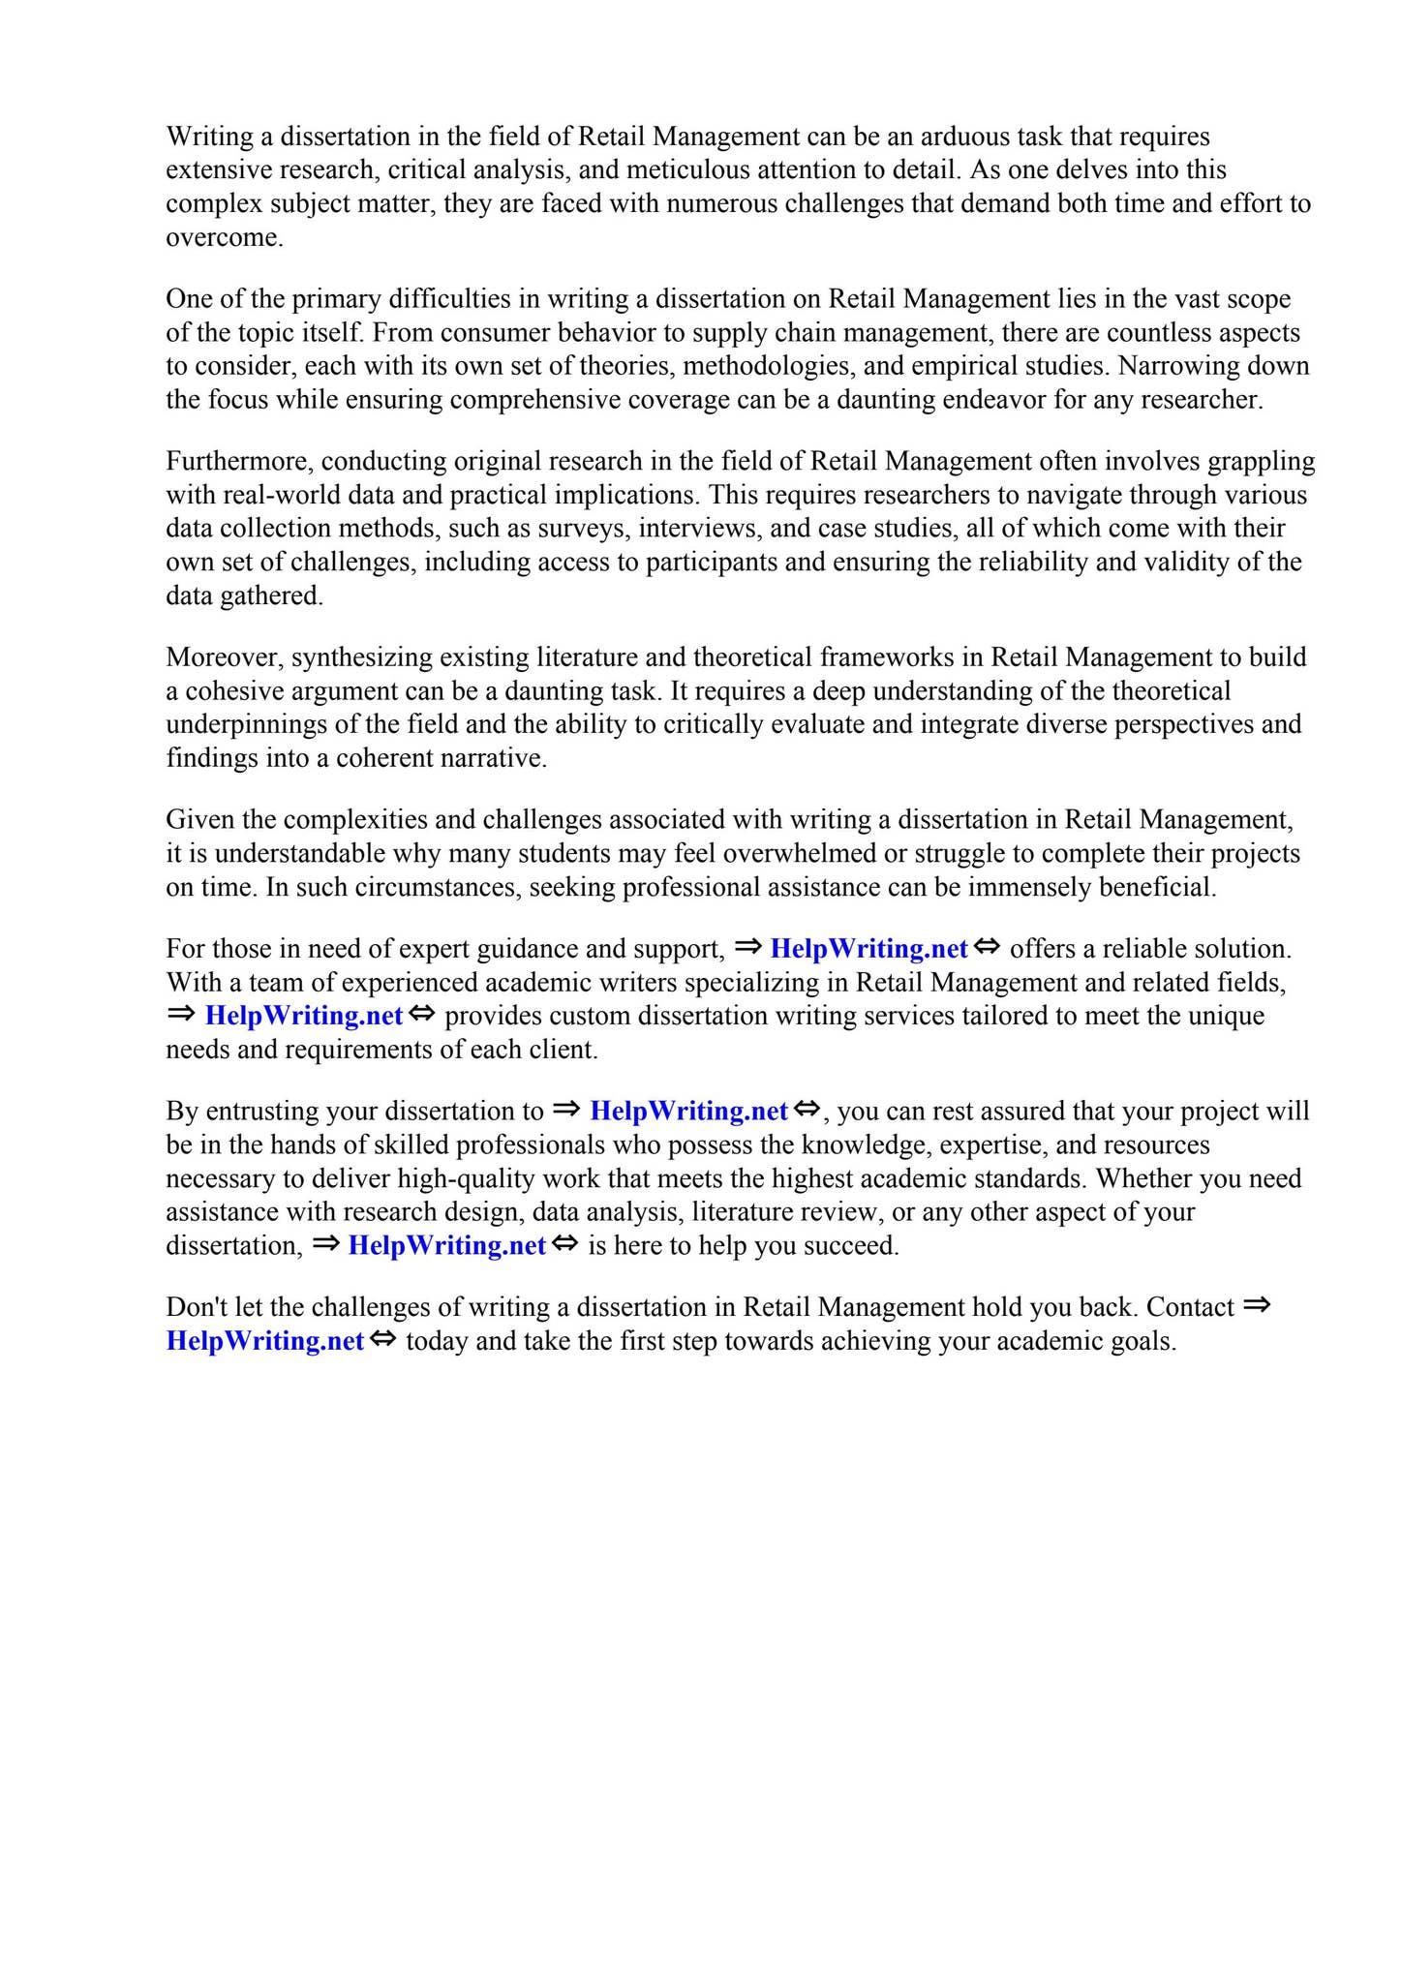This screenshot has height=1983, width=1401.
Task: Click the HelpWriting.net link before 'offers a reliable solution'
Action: point(868,949)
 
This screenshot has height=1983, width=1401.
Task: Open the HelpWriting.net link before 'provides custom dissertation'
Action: point(303,1016)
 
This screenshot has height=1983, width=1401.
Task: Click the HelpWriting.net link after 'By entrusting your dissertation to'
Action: point(687,1111)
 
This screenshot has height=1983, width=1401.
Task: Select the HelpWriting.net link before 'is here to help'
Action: point(446,1245)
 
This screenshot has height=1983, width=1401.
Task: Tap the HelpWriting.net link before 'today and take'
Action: point(264,1341)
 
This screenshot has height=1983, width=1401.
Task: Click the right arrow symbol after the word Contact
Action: point(1256,1305)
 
